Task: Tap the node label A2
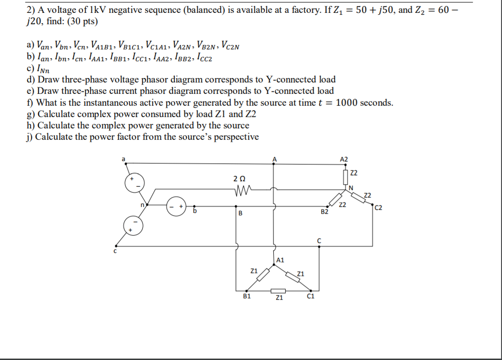click(344, 159)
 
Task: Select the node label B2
click(325, 212)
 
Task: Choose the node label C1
click(310, 296)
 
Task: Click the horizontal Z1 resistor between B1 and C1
click(279, 290)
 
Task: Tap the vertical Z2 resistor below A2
click(345, 175)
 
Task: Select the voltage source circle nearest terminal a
click(133, 182)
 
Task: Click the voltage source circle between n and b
click(175, 206)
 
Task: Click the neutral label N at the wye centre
click(351, 187)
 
